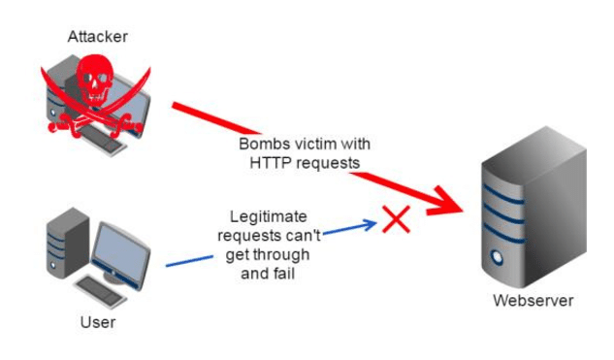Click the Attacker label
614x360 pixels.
(x=97, y=37)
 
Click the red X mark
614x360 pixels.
(x=396, y=220)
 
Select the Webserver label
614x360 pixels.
(x=533, y=301)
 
